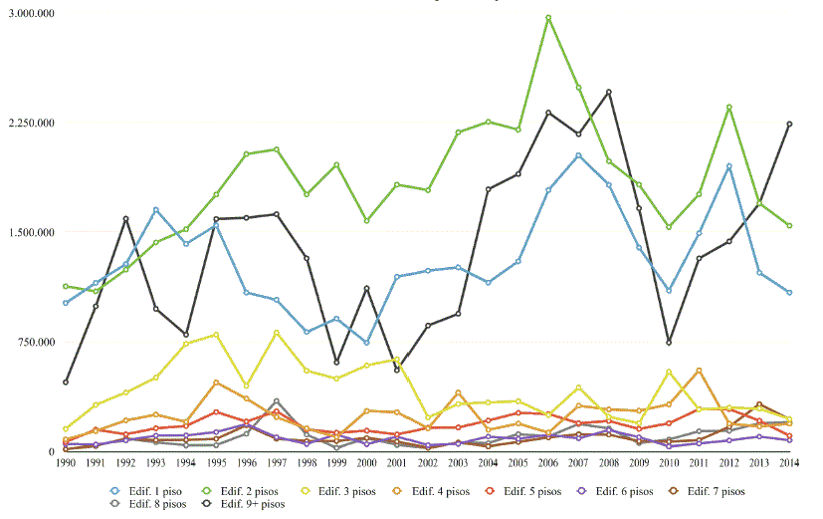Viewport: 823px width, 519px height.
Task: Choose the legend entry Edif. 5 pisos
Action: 533,491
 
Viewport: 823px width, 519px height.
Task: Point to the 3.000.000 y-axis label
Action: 31,14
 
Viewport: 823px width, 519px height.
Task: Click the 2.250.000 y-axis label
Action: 31,124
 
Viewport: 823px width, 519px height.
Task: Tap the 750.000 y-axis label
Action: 37,343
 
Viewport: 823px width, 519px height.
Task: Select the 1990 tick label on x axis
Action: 66,463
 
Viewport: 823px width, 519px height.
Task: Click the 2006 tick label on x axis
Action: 548,463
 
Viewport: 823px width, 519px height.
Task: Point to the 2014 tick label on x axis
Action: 789,463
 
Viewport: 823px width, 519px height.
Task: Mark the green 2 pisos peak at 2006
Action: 548,18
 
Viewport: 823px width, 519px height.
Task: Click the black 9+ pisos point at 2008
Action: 609,92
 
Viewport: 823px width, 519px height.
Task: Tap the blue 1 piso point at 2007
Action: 578,155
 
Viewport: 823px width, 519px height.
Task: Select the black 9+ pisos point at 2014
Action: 789,124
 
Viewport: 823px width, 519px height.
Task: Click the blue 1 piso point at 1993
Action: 156,209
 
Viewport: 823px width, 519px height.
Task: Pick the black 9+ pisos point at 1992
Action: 126,218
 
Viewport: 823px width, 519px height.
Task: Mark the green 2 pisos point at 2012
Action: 729,108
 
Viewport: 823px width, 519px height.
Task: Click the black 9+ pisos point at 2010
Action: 669,342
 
